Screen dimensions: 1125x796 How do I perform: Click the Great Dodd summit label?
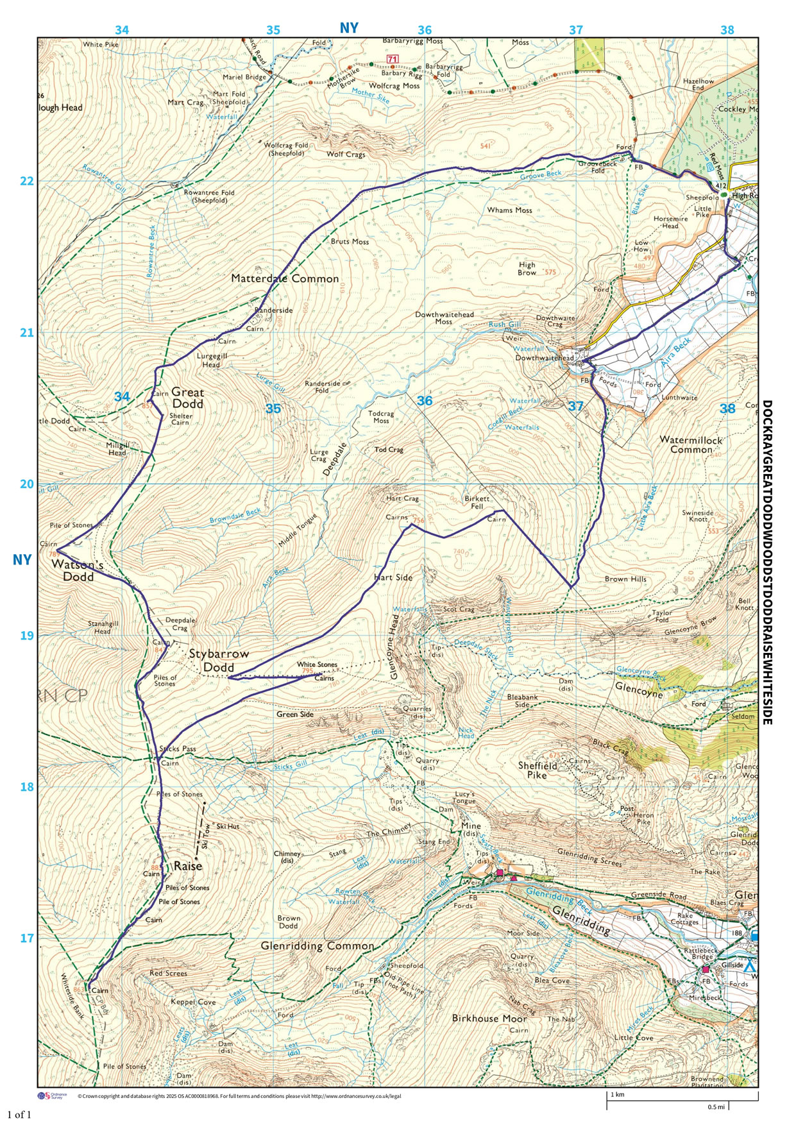[x=187, y=398]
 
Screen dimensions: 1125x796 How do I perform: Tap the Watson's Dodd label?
[x=78, y=570]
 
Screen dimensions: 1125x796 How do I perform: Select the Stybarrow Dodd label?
[x=218, y=661]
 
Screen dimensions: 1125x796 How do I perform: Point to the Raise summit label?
[x=188, y=866]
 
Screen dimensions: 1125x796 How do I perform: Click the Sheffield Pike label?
[x=538, y=770]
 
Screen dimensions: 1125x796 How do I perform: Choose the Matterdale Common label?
[x=285, y=279]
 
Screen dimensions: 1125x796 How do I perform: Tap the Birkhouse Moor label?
[x=489, y=1018]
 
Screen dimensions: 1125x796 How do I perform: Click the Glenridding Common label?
[x=317, y=946]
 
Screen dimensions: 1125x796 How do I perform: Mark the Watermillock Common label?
[x=691, y=444]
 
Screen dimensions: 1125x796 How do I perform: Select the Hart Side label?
[x=393, y=577]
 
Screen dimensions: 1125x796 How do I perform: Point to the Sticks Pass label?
[x=178, y=749]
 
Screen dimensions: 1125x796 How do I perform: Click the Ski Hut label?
[x=228, y=826]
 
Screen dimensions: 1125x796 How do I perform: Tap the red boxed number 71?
[x=393, y=59]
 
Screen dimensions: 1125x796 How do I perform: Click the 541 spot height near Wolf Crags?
[x=486, y=146]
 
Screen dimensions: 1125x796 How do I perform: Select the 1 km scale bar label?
[x=617, y=1095]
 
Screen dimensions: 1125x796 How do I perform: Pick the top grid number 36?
[x=425, y=30]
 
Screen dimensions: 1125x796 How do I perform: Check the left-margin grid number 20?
[x=27, y=484]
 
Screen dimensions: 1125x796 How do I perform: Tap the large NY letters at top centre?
[x=349, y=28]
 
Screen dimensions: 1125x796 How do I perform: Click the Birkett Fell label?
[x=477, y=502]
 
